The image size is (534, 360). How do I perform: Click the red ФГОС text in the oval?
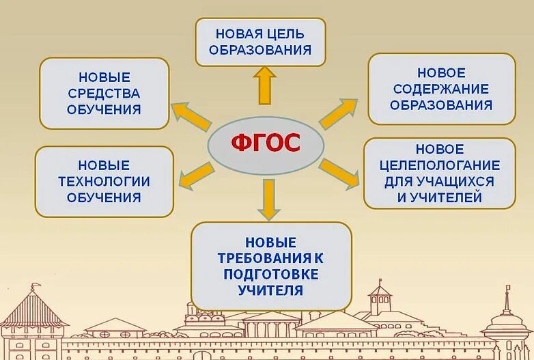[266, 143]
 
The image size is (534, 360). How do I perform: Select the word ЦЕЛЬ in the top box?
[287, 33]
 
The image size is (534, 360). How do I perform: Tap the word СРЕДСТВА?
[104, 93]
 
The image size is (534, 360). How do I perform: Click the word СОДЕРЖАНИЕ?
[442, 89]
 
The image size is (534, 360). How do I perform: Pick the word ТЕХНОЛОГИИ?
[104, 181]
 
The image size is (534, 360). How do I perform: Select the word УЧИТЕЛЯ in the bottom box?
[271, 290]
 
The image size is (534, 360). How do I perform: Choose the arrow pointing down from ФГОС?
[269, 198]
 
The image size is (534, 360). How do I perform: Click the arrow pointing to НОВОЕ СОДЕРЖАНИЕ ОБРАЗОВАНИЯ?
[338, 113]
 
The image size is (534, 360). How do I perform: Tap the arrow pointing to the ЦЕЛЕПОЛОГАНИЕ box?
[339, 172]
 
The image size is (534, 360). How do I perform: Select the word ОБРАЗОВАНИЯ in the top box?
[260, 50]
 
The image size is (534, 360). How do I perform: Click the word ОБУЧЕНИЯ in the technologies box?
[104, 197]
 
